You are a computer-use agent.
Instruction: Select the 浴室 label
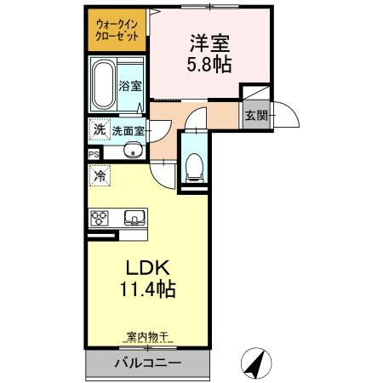point(129,86)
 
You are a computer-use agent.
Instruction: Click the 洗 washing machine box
point(99,130)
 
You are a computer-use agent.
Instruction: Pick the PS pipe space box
point(93,154)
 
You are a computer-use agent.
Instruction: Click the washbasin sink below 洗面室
point(131,151)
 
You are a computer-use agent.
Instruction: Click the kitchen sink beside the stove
point(134,216)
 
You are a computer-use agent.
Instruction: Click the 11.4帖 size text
point(146,290)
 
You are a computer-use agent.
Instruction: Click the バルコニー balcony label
point(147,364)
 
